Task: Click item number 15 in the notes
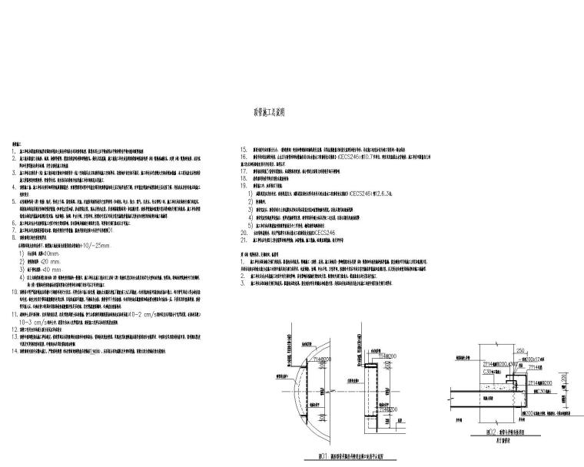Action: [244, 147]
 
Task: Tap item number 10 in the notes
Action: [13, 292]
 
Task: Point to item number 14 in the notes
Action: [13, 349]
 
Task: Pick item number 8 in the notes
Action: [12, 237]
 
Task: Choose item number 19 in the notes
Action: [244, 185]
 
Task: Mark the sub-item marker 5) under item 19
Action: [250, 224]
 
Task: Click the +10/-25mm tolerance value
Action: [94, 245]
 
